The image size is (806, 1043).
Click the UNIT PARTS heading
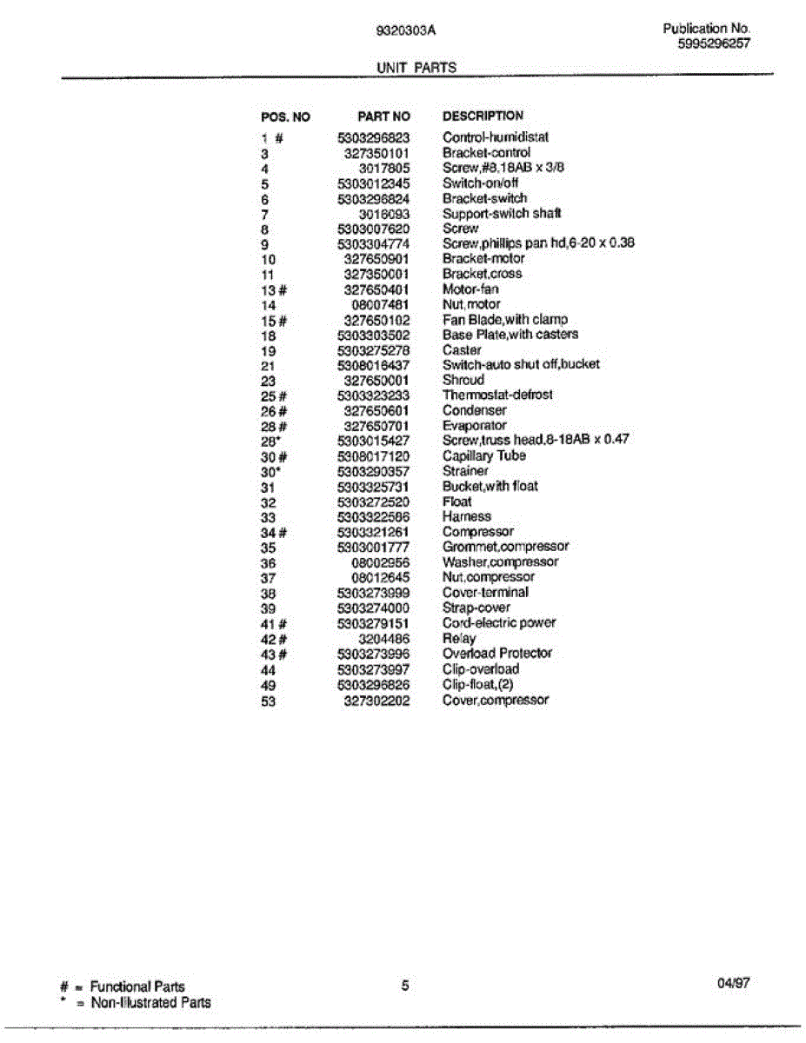[x=416, y=68]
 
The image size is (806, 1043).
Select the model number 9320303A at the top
[x=405, y=30]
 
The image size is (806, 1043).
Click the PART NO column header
[x=383, y=116]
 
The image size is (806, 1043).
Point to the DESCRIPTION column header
[x=483, y=116]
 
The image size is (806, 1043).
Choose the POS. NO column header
[x=285, y=117]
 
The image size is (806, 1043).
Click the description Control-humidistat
[x=496, y=137]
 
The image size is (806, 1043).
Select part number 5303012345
[x=374, y=183]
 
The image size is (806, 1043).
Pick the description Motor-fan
[x=470, y=289]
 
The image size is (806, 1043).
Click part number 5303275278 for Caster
[x=374, y=350]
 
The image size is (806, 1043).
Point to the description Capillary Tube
[x=484, y=455]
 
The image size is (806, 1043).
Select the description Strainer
[x=465, y=471]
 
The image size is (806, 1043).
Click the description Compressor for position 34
[x=478, y=532]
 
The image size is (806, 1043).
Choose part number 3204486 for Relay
[x=383, y=638]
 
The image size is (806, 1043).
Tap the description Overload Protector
[x=497, y=654]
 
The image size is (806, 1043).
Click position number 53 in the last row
[x=268, y=701]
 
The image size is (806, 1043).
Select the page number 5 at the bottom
[x=405, y=985]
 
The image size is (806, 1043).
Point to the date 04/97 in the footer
[x=734, y=984]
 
